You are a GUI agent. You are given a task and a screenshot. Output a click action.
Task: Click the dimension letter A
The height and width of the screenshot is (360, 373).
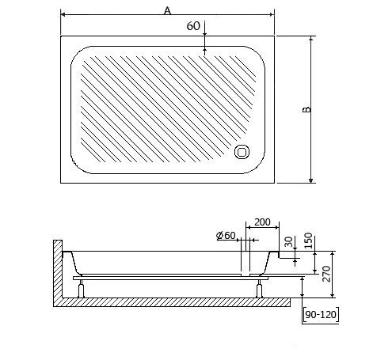coord(166,10)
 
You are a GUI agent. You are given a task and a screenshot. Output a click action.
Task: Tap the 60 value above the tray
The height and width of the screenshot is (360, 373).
coord(192,25)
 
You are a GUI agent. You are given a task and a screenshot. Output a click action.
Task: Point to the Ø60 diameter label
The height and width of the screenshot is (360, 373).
coord(226,236)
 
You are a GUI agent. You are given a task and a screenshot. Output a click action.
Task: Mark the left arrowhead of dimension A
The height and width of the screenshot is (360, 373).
coord(63,14)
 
